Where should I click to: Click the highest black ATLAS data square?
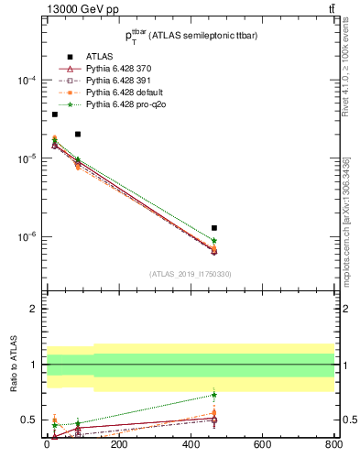[55, 115]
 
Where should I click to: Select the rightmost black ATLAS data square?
[214, 227]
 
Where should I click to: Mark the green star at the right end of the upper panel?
[214, 240]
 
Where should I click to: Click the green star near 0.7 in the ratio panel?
[214, 395]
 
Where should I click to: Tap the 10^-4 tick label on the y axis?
[27, 81]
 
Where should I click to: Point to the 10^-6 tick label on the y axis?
[27, 236]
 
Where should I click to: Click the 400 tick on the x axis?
[190, 446]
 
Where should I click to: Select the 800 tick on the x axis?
[333, 446]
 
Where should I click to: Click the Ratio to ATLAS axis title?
[14, 366]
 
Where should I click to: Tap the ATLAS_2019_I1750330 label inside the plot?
[190, 274]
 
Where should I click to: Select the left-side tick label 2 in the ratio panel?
[34, 309]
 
